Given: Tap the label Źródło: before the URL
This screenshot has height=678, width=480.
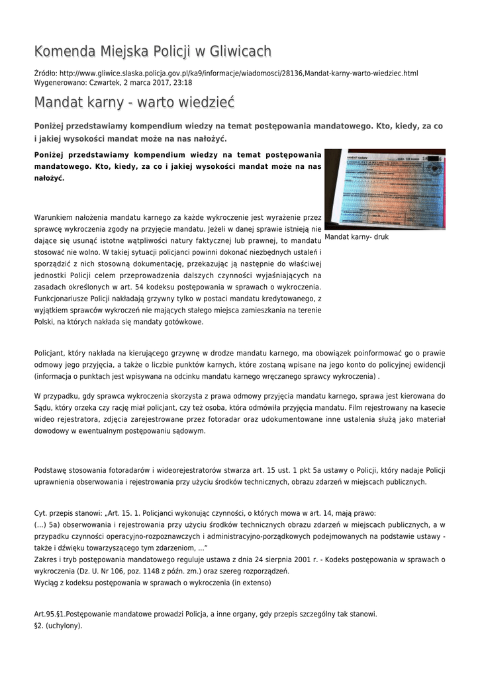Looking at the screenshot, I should [x=46, y=73].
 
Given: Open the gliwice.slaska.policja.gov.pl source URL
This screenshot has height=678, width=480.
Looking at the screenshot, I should [x=238, y=73].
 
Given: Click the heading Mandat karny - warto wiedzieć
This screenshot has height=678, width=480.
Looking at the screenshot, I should [x=134, y=103].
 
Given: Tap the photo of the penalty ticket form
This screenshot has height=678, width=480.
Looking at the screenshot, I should [x=385, y=189].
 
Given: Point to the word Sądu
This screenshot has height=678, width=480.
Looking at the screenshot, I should [x=43, y=407].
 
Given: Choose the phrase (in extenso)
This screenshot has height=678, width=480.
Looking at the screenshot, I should [x=249, y=583].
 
